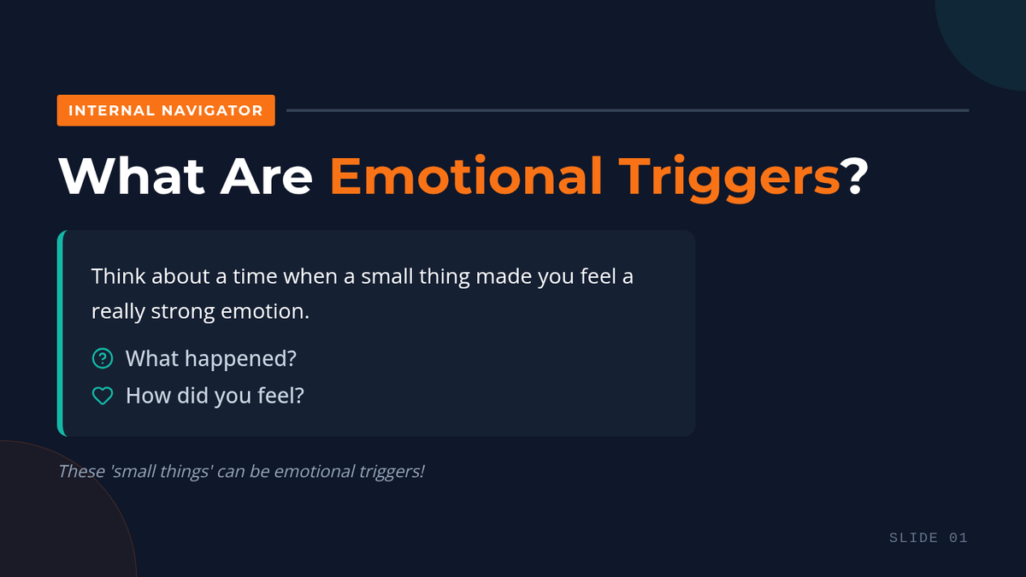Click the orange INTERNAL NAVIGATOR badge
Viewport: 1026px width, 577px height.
[166, 110]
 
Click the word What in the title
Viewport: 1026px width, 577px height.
[131, 176]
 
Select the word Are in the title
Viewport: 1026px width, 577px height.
[266, 176]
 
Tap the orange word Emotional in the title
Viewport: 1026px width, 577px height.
[465, 176]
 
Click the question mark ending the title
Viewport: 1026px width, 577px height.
[855, 176]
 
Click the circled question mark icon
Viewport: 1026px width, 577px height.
[103, 358]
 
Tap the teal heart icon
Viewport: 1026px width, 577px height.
[103, 396]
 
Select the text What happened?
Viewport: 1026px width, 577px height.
[211, 358]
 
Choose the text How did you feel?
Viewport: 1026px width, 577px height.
[215, 396]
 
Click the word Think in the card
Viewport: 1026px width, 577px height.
[118, 276]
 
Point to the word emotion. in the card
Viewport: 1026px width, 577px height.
[265, 311]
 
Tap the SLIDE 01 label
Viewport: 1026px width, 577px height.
[929, 538]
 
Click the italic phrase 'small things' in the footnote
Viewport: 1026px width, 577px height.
[162, 471]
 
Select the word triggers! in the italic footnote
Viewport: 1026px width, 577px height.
[392, 472]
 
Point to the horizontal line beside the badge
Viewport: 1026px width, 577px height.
[628, 110]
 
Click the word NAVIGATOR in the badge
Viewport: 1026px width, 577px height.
[212, 110]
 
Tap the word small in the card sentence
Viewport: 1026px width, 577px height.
[387, 276]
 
